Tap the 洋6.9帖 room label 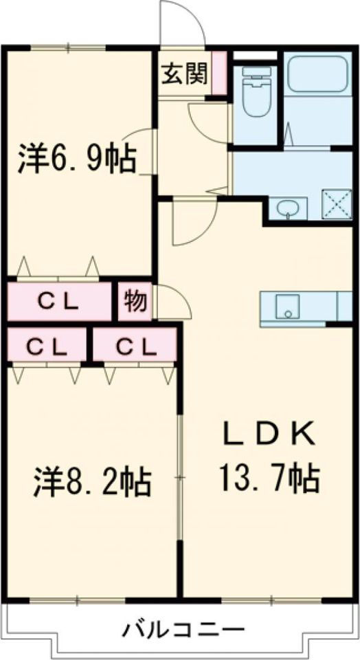(x=76, y=159)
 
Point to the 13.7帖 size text (x=269, y=476)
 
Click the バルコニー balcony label (x=184, y=628)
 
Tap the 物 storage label (x=135, y=301)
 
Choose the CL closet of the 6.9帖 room (x=59, y=301)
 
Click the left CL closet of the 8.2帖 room (x=46, y=345)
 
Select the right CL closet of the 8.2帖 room (x=133, y=345)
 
